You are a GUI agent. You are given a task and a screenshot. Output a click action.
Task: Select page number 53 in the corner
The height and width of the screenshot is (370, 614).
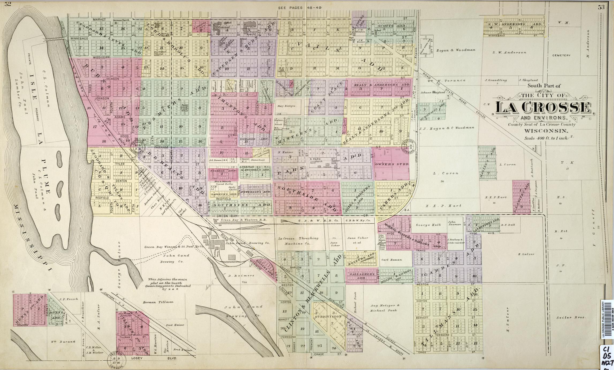[607, 7]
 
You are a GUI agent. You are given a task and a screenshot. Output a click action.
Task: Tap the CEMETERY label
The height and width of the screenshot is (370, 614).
[561, 56]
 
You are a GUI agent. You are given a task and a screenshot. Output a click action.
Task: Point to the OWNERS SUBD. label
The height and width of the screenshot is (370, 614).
[391, 164]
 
